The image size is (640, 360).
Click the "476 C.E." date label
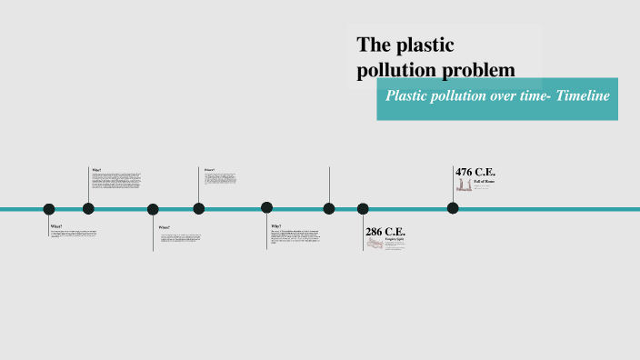[x=475, y=172]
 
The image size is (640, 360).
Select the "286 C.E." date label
[x=385, y=232]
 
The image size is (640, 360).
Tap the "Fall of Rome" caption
[x=484, y=182]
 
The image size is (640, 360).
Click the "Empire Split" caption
[x=394, y=240]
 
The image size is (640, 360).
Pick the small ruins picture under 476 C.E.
[x=463, y=185]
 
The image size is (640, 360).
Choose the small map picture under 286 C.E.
[x=375, y=245]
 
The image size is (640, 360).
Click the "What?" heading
[x=56, y=225]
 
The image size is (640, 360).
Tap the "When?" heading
[x=164, y=227]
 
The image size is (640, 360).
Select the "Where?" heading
[x=209, y=169]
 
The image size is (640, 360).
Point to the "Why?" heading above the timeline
[x=96, y=169]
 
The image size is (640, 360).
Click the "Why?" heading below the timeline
[x=275, y=225]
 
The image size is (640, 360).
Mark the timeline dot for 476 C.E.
[x=453, y=208]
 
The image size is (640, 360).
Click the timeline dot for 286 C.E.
[x=363, y=208]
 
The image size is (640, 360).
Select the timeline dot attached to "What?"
[x=49, y=209]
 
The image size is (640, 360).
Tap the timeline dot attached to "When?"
[x=153, y=209]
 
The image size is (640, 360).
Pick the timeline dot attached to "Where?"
[x=198, y=208]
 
